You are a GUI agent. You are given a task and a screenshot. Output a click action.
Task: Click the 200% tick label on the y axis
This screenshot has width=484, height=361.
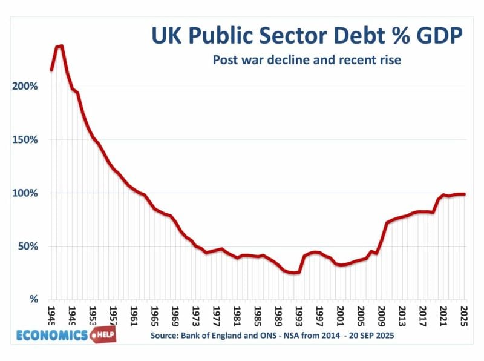tap(25, 86)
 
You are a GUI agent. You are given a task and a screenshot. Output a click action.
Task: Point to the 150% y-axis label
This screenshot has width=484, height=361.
tap(25, 139)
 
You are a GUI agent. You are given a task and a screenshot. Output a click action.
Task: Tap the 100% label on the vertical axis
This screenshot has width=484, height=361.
tap(25, 193)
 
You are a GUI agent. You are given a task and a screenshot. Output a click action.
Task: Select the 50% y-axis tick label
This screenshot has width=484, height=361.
tap(27, 246)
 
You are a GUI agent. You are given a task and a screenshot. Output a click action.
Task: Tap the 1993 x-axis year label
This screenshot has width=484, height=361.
tap(299, 315)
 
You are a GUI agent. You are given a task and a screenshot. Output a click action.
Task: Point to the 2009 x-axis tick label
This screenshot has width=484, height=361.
tap(382, 315)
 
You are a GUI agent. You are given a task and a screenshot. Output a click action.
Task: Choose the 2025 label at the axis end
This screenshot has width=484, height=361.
tap(463, 315)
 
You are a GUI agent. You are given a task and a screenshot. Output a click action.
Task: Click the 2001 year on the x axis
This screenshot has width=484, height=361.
tap(341, 315)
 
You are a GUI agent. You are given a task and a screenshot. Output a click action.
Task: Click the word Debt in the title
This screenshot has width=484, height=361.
tap(339, 37)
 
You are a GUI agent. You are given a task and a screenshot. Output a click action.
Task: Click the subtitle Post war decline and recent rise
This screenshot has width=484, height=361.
tap(307, 61)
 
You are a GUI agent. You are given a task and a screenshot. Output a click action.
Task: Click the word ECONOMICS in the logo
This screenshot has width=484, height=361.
tap(53, 335)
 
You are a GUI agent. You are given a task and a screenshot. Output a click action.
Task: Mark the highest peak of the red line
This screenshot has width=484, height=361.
tap(60, 46)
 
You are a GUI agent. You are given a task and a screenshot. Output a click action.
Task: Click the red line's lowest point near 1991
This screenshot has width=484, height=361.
tap(293, 273)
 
